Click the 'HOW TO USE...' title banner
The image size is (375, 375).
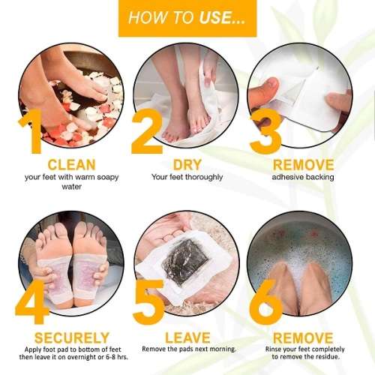click(x=187, y=18)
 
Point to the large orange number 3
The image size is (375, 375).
click(x=265, y=130)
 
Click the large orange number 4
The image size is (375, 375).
click(x=32, y=301)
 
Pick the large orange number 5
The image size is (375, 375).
click(x=148, y=301)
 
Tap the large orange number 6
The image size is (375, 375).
click(x=265, y=301)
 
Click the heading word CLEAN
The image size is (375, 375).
click(x=72, y=165)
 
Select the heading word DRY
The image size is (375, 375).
click(x=187, y=165)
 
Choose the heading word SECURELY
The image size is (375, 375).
click(x=72, y=337)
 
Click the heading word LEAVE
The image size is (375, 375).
click(x=187, y=337)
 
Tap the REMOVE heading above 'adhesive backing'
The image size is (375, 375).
click(x=303, y=165)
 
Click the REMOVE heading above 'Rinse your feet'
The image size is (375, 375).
click(x=303, y=337)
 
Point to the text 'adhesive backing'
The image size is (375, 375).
click(x=303, y=177)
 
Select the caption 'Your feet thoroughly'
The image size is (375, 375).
click(x=187, y=178)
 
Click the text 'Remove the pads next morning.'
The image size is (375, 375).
click(x=189, y=349)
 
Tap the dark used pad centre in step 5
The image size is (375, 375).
click(x=184, y=262)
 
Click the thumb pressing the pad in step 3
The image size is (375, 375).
click(x=265, y=91)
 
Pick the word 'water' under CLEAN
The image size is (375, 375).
click(x=72, y=187)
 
